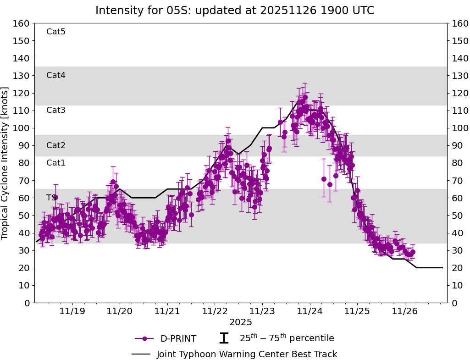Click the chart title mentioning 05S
(x=235, y=11)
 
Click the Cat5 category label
(x=56, y=32)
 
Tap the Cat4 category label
(x=56, y=75)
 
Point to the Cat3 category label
(x=56, y=110)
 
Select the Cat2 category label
(x=56, y=145)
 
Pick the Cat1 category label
(x=56, y=163)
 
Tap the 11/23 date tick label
(x=262, y=312)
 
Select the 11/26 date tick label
(x=404, y=312)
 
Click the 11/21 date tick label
(x=167, y=312)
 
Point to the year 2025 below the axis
(x=241, y=322)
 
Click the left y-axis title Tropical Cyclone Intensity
(x=5, y=163)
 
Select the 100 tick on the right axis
(x=459, y=128)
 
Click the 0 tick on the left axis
(x=27, y=303)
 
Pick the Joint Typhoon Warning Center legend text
(x=247, y=354)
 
